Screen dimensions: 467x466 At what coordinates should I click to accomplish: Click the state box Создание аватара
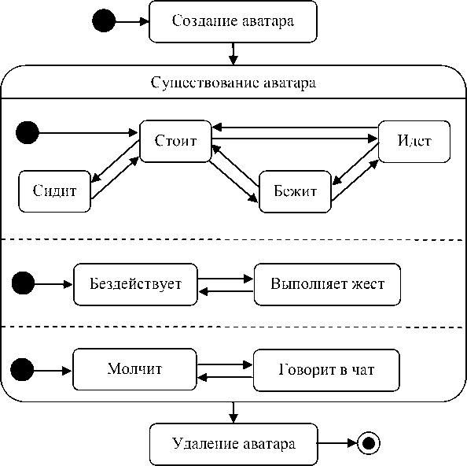pyautogui.click(x=233, y=21)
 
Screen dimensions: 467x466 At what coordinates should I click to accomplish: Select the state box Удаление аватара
pyautogui.click(x=233, y=444)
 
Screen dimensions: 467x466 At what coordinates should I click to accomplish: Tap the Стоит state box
pyautogui.click(x=176, y=142)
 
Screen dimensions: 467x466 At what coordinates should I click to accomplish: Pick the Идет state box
pyautogui.click(x=414, y=142)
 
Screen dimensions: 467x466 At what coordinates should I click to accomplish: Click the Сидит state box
pyautogui.click(x=54, y=191)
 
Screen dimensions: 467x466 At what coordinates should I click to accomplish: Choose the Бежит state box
pyautogui.click(x=295, y=192)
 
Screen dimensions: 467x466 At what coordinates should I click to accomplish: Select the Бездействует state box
pyautogui.click(x=135, y=284)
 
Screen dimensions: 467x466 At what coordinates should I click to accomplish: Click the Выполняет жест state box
pyautogui.click(x=327, y=284)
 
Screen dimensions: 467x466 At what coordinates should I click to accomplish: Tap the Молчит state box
pyautogui.click(x=135, y=369)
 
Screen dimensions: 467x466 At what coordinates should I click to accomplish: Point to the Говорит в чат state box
pyautogui.click(x=326, y=370)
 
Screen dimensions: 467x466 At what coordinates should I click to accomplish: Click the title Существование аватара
pyautogui.click(x=233, y=83)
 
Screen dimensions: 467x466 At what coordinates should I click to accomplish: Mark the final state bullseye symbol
pyautogui.click(x=369, y=443)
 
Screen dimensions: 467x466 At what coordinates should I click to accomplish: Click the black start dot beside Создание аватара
pyautogui.click(x=104, y=20)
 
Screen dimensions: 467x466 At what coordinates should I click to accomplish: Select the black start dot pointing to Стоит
pyautogui.click(x=28, y=133)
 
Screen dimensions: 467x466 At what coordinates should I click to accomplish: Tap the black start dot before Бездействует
pyautogui.click(x=24, y=283)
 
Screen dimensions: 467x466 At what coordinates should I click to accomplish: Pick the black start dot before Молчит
pyautogui.click(x=22, y=370)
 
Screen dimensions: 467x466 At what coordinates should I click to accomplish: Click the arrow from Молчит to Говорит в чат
pyautogui.click(x=225, y=364)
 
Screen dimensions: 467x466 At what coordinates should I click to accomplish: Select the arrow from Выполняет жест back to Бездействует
pyautogui.click(x=226, y=291)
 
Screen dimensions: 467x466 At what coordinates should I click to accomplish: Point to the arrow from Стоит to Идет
pyautogui.click(x=295, y=139)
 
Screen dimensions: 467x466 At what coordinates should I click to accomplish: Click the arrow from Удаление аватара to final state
pyautogui.click(x=337, y=443)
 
